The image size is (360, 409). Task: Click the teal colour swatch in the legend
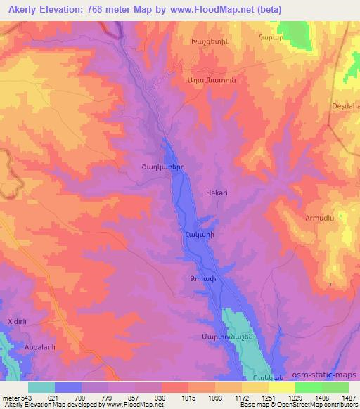click(41, 387)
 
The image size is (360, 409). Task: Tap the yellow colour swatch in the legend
click(281, 387)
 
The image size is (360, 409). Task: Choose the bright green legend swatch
click(308, 387)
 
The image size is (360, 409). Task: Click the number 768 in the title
click(117, 10)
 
